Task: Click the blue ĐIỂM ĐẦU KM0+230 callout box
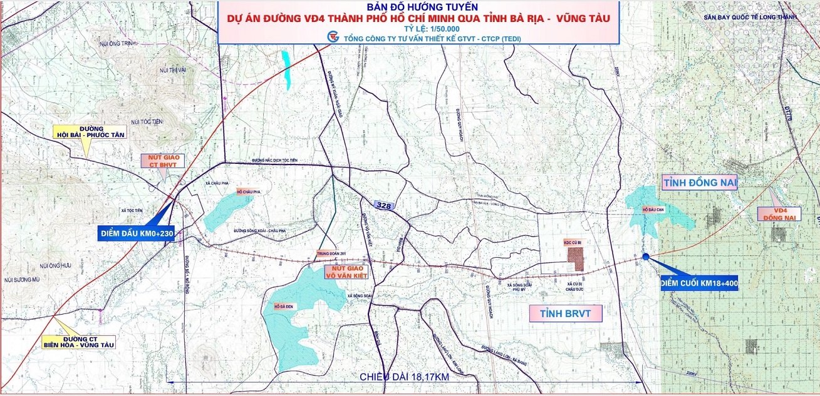[136, 233]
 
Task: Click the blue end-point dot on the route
[645, 256]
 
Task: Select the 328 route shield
[384, 205]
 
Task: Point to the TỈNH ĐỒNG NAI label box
[699, 182]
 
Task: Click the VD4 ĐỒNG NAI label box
[779, 213]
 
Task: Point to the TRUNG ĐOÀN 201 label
[332, 253]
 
